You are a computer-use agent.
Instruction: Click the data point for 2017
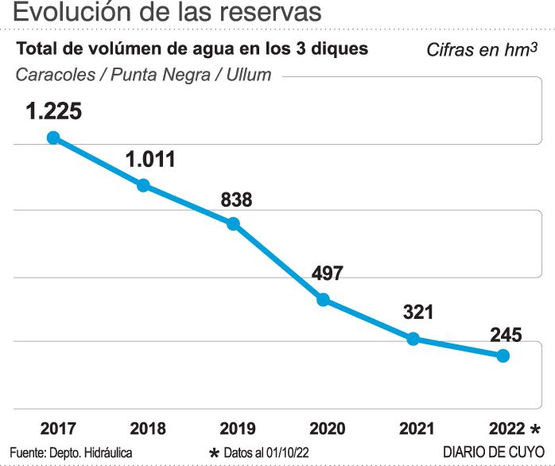click(x=53, y=138)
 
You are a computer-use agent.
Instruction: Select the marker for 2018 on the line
click(x=143, y=185)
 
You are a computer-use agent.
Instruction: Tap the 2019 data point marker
click(x=233, y=223)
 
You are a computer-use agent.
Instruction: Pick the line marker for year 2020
click(x=323, y=300)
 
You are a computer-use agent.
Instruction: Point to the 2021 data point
click(x=413, y=339)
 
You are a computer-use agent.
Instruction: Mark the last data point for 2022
click(x=503, y=355)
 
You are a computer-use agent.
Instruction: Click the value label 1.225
click(x=53, y=111)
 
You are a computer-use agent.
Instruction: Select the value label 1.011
click(x=149, y=159)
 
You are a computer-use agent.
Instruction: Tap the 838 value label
click(x=236, y=200)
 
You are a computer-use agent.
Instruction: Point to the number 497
click(x=327, y=274)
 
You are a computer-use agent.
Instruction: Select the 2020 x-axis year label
click(x=327, y=429)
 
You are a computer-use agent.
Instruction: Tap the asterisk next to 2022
click(x=536, y=430)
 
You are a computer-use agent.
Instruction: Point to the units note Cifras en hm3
click(x=484, y=50)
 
